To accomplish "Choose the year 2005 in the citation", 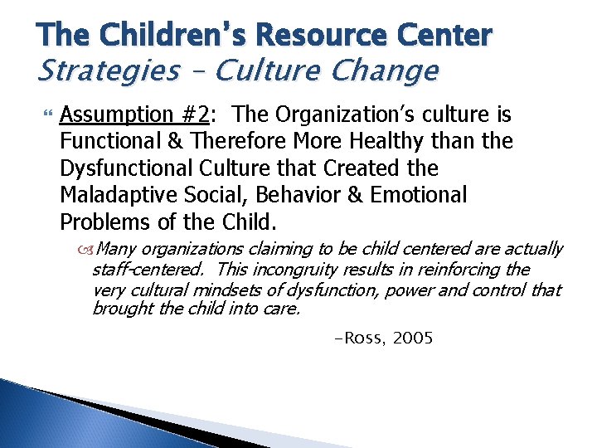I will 412,338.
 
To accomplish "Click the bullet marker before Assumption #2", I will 43,114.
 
